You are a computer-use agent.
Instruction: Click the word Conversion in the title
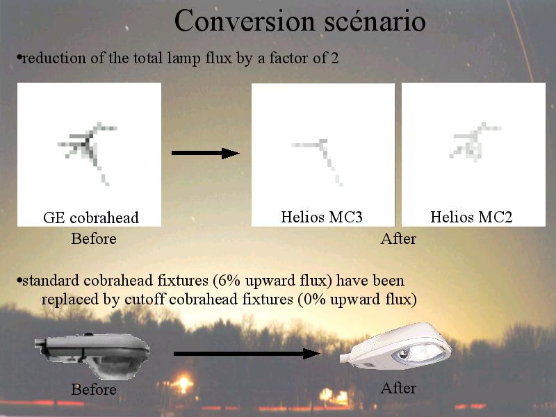(x=245, y=22)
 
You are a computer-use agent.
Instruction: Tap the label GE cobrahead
(x=91, y=218)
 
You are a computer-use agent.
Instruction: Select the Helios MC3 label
(x=322, y=217)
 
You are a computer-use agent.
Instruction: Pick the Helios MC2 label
(x=471, y=217)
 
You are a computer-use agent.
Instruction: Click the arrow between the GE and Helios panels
(x=205, y=153)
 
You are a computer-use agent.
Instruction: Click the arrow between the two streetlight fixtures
(x=247, y=354)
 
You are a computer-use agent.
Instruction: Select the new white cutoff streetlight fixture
(x=395, y=346)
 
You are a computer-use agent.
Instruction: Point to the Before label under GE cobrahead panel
(x=94, y=238)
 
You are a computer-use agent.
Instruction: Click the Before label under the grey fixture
(x=94, y=389)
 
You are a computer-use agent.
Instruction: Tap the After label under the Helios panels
(x=398, y=238)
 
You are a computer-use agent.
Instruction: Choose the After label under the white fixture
(x=398, y=388)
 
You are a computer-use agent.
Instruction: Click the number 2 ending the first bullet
(x=335, y=58)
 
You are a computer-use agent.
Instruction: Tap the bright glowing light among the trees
(x=183, y=384)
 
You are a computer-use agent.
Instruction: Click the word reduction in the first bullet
(x=54, y=58)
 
